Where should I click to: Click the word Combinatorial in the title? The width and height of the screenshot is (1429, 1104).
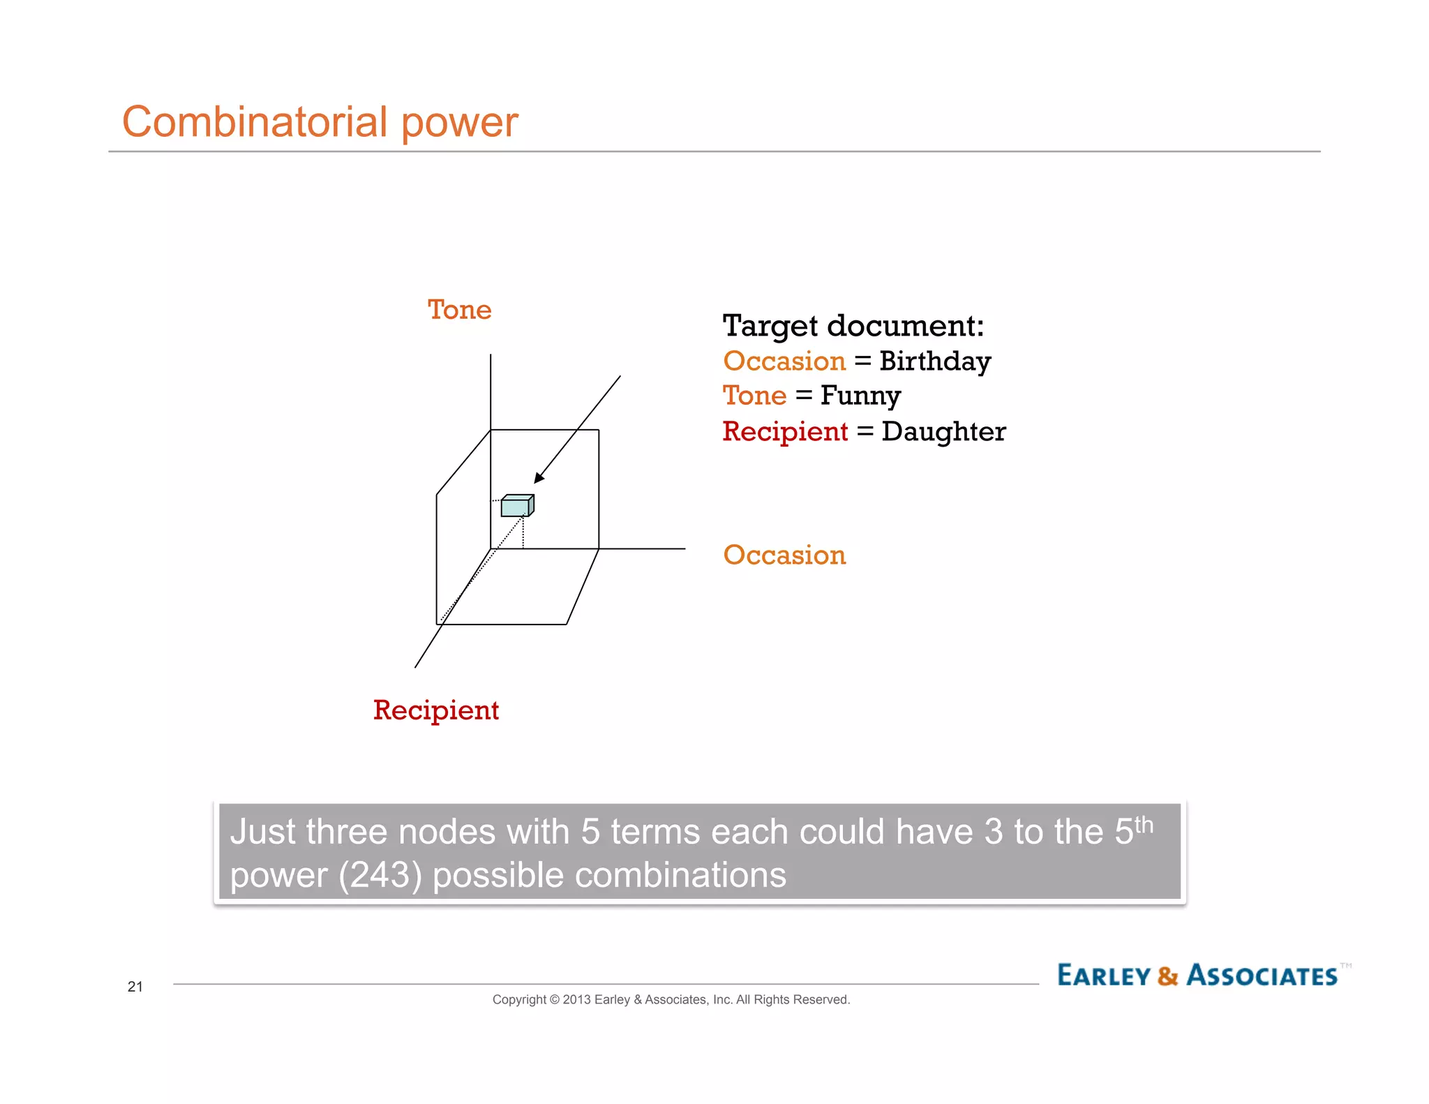254,122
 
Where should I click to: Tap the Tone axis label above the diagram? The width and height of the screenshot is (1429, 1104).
459,310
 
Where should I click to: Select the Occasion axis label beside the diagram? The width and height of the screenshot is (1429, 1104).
784,555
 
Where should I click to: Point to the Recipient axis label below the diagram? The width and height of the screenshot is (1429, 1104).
435,710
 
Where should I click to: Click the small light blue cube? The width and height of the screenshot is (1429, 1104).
516,506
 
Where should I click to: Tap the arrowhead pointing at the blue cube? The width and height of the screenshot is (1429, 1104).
539,477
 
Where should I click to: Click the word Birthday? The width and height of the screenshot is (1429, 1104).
934,361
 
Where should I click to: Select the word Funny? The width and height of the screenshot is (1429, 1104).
860,396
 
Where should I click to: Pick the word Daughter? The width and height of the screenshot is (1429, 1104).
943,432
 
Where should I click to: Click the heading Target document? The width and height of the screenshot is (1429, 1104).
853,326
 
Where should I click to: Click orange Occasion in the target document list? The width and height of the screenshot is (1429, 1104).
784,361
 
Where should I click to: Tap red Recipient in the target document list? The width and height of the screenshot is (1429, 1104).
785,432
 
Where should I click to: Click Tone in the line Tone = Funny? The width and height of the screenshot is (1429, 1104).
754,396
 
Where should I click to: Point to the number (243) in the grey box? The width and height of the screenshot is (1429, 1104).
380,875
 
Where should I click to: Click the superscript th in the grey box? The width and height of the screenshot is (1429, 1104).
1143,825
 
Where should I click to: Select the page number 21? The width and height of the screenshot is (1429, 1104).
135,987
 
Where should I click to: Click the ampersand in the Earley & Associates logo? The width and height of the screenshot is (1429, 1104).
1167,976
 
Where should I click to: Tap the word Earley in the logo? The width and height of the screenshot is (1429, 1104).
1103,976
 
